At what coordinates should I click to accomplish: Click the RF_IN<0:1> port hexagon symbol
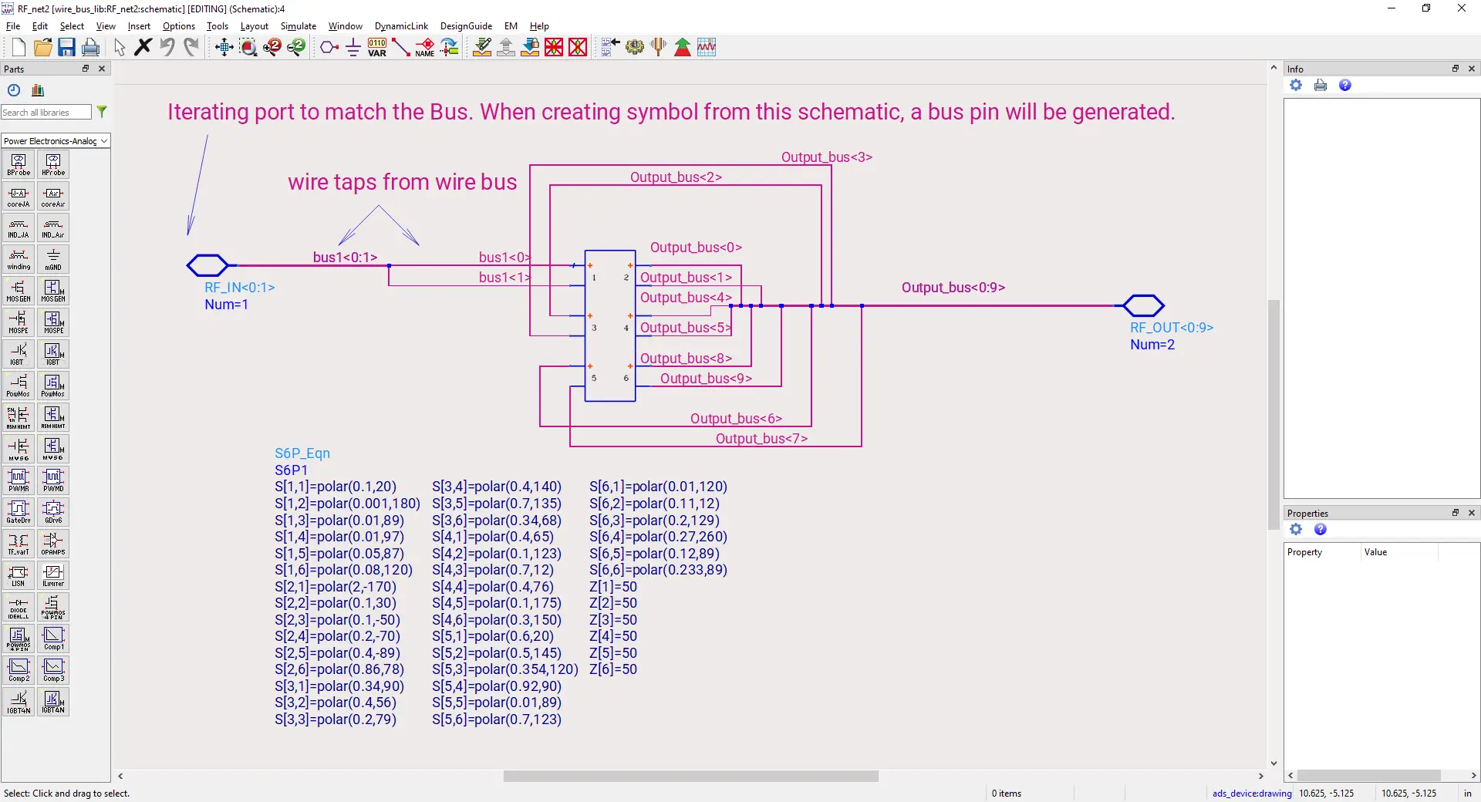click(207, 265)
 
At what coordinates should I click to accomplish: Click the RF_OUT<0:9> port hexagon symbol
click(1143, 305)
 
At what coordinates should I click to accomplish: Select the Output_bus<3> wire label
click(826, 157)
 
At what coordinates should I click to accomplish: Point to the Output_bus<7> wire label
click(761, 439)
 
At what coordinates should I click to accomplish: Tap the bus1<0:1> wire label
click(345, 258)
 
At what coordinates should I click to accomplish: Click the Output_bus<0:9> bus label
click(953, 288)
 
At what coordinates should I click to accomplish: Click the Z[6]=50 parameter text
click(612, 669)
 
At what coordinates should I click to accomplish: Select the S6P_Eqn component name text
click(302, 453)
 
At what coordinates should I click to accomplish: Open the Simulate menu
click(298, 26)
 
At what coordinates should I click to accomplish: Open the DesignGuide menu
click(466, 26)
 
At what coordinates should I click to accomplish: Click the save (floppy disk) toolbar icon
click(66, 48)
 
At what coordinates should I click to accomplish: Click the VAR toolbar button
click(377, 48)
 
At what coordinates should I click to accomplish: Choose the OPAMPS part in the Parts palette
click(53, 544)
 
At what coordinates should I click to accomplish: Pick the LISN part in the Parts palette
click(19, 575)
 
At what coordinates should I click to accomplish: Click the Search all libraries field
click(46, 113)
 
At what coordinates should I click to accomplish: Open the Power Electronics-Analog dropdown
click(56, 141)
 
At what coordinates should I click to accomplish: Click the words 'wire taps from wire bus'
click(402, 182)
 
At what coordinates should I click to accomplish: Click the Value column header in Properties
click(1375, 552)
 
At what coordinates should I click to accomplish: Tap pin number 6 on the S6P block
click(626, 379)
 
